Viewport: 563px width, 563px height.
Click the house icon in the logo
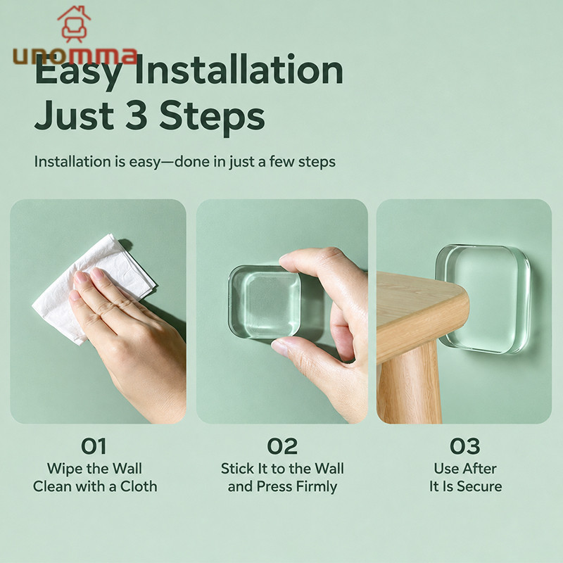tap(74, 24)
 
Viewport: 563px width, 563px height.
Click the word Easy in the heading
tap(78, 72)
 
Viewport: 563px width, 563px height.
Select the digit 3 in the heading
tap(136, 115)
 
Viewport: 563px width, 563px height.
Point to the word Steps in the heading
tap(212, 118)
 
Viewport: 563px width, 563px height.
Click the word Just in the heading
tap(75, 115)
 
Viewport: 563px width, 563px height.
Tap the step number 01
tap(94, 446)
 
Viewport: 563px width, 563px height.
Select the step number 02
tap(282, 446)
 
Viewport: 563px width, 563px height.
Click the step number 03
tap(465, 446)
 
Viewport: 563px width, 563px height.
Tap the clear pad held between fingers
tap(265, 303)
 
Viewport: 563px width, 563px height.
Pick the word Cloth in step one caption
tap(139, 486)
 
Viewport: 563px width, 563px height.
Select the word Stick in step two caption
tap(236, 469)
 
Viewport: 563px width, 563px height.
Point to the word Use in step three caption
tap(445, 469)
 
